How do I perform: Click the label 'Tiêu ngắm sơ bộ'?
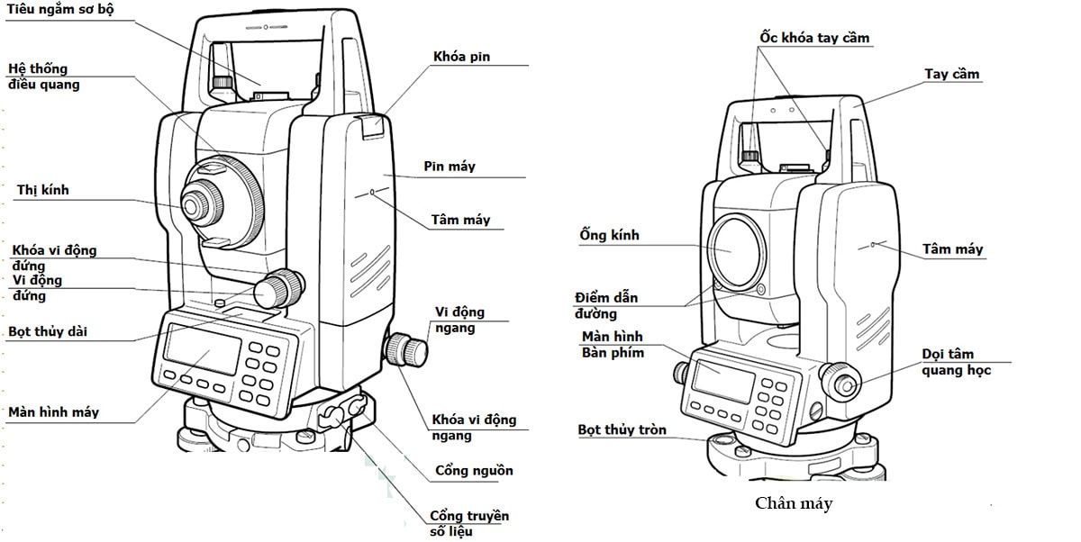click(x=61, y=9)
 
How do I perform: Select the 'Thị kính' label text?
click(x=42, y=191)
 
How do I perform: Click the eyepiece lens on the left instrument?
click(x=195, y=203)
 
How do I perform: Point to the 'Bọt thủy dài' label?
click(x=48, y=332)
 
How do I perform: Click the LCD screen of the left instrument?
click(x=203, y=350)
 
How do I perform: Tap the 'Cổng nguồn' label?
click(x=474, y=471)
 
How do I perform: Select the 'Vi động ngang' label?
click(x=459, y=320)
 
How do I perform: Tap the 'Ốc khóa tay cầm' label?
click(x=814, y=38)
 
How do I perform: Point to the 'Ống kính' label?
click(x=610, y=235)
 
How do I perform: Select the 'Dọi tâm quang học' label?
click(x=955, y=362)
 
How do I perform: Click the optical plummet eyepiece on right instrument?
click(x=845, y=384)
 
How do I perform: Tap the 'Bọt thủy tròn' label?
click(x=622, y=429)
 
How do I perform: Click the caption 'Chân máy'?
click(x=794, y=503)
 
